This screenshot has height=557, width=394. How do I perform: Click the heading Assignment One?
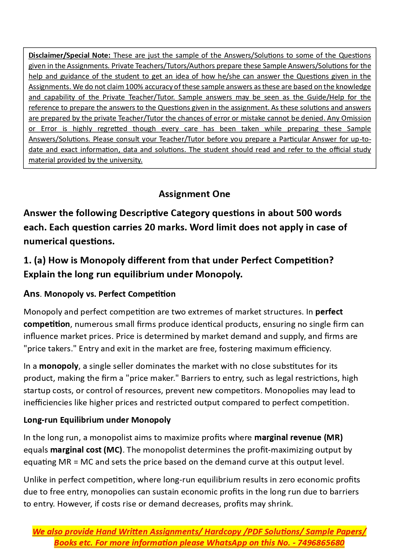(194, 194)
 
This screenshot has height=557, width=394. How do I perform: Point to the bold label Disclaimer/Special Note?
(69, 55)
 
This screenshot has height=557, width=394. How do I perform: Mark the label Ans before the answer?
(31, 294)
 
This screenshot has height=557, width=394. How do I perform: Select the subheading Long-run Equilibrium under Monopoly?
(97, 420)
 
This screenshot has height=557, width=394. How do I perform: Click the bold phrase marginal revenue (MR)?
(298, 437)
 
